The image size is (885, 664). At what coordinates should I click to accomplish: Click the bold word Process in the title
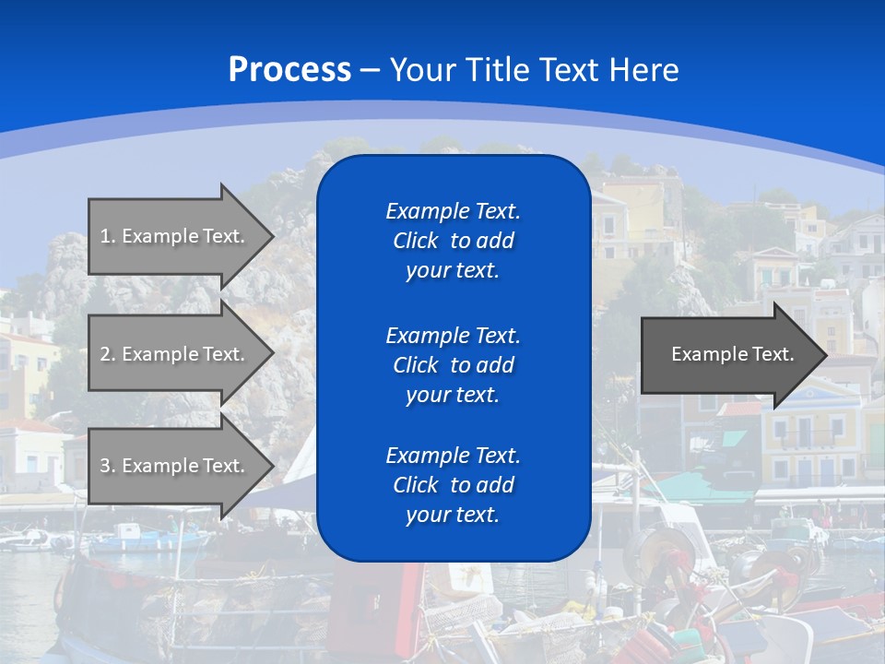[x=289, y=69]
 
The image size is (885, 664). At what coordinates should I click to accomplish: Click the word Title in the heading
[x=495, y=69]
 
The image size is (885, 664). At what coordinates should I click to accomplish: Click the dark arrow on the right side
[x=728, y=354]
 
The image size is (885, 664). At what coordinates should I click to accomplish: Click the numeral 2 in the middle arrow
[x=105, y=354]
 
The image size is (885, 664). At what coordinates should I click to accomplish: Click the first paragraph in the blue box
[x=453, y=241]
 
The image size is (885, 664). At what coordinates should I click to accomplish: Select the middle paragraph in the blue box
[x=453, y=364]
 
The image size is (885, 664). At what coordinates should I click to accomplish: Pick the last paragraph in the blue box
[x=453, y=485]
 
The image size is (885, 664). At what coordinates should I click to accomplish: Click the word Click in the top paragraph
[x=415, y=241]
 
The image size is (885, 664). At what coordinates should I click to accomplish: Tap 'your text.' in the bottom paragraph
[x=453, y=516]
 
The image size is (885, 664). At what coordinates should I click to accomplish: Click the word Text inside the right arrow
[x=773, y=354]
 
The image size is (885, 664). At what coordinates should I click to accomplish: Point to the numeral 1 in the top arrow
[x=105, y=236]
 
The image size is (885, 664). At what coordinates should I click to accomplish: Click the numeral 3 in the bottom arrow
[x=105, y=466]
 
